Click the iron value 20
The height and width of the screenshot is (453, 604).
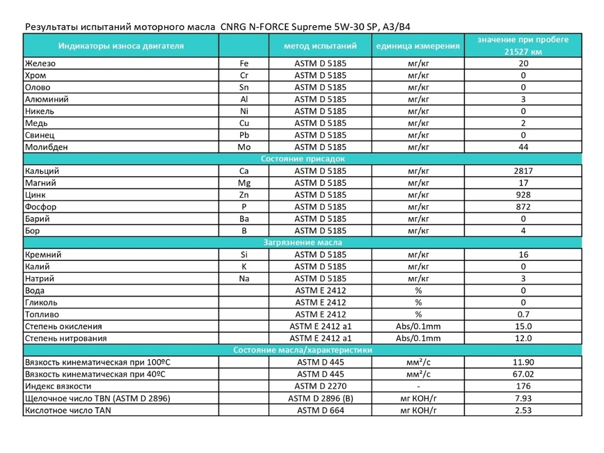523,63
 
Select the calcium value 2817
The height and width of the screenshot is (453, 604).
523,171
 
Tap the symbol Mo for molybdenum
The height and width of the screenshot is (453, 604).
244,148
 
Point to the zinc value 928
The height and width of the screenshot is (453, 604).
523,196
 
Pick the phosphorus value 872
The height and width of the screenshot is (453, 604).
523,207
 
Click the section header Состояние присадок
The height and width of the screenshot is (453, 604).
303,159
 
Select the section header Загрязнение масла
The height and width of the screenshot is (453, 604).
303,243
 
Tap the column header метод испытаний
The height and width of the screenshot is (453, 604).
321,47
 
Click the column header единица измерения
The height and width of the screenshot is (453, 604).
418,47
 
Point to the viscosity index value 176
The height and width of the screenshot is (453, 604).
523,386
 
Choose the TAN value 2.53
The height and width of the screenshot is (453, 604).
523,410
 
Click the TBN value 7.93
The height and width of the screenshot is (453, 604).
523,398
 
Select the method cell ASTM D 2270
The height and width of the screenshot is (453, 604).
321,386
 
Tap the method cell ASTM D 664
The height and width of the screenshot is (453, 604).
321,410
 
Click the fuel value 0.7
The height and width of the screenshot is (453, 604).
523,315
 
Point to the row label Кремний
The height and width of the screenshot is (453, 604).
43,255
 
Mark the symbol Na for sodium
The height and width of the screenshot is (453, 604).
244,278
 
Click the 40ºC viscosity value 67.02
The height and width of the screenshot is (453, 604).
523,374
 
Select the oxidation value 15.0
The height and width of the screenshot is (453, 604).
523,326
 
